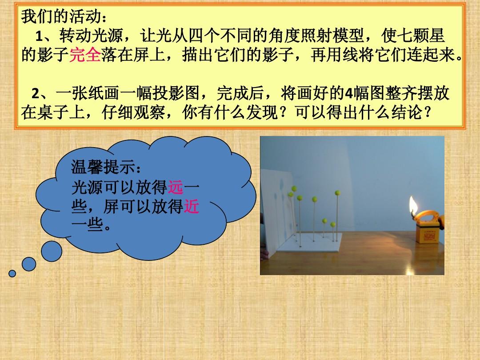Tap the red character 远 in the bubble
point(176,188)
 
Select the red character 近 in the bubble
point(192,206)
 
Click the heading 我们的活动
point(61,16)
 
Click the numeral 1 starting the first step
point(39,36)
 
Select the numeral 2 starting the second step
point(36,94)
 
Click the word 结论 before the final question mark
point(408,112)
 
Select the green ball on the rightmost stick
point(337,192)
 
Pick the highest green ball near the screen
point(294,188)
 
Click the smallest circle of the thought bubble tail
point(12,273)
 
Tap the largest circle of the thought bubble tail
point(52,251)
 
